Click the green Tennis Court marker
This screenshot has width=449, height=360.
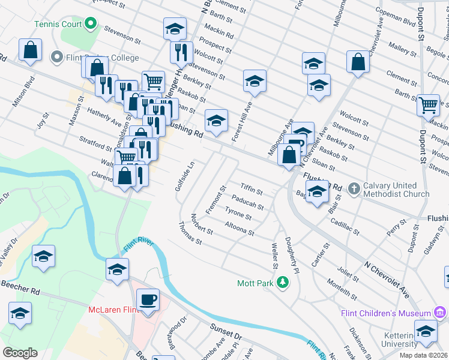(91, 24)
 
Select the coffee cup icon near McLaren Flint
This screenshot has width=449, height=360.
(148, 299)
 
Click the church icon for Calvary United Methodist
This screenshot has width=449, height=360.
(355, 188)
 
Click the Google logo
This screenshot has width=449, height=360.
(20, 352)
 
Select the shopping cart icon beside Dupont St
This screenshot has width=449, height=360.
(428, 105)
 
